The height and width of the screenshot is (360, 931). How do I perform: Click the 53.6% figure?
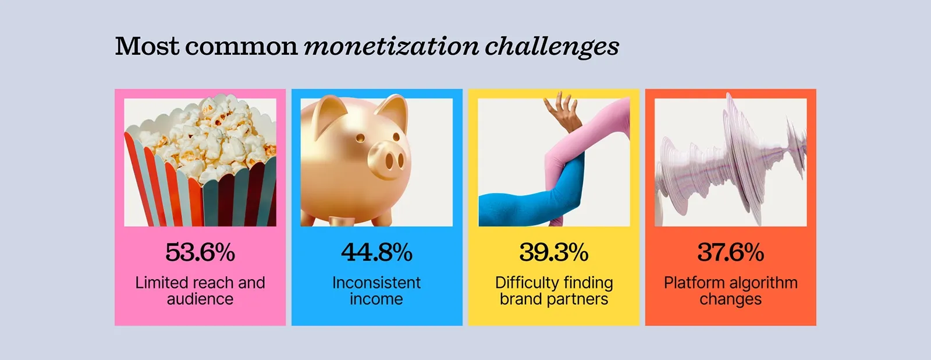tap(200, 252)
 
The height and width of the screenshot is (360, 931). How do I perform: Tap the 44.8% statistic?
tap(376, 252)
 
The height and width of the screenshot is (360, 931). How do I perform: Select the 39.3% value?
tap(554, 252)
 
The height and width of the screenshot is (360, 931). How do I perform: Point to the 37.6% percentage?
tap(730, 252)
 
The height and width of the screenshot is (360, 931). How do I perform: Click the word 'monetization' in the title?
tap(391, 47)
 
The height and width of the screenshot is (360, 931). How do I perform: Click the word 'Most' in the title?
tap(147, 47)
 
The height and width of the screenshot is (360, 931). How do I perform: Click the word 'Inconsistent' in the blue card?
tap(376, 283)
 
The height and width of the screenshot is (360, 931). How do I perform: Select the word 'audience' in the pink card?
tap(200, 299)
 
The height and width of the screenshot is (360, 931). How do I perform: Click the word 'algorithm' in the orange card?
tap(764, 283)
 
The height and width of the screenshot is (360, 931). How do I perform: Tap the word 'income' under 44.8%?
tap(376, 299)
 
